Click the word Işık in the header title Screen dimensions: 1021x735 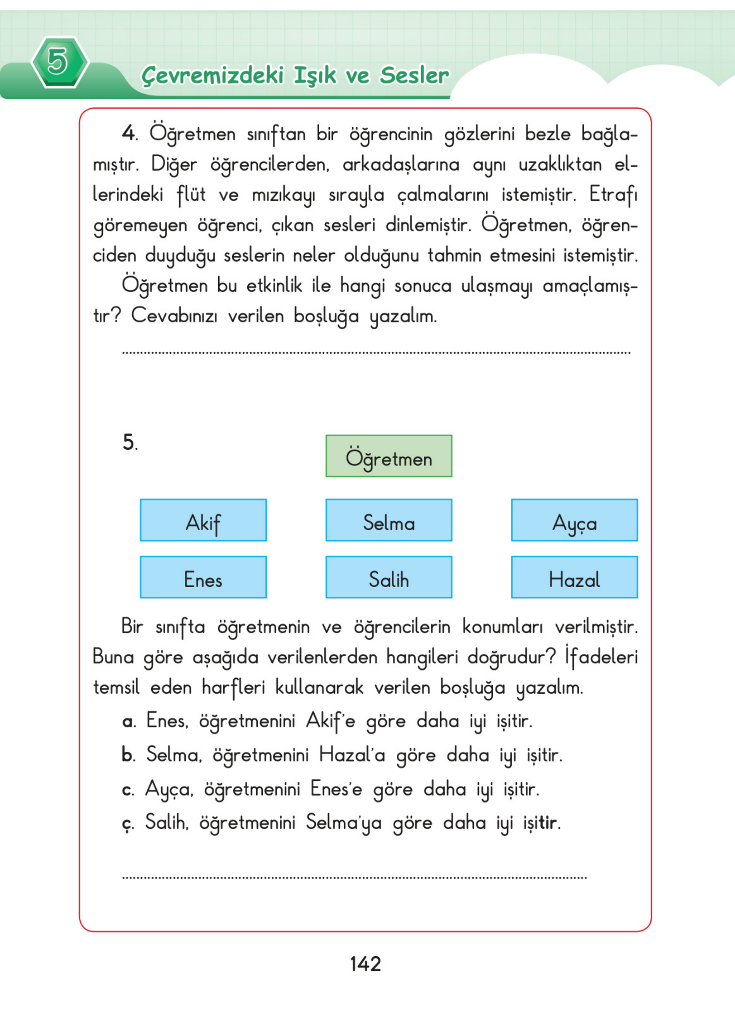click(x=315, y=75)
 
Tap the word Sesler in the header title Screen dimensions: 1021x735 click(x=414, y=75)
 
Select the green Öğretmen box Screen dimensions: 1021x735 click(x=388, y=456)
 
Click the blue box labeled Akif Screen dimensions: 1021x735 click(x=203, y=520)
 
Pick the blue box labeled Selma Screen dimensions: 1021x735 click(x=388, y=520)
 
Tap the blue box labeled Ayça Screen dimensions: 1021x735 click(x=575, y=520)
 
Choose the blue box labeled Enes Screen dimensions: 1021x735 click(x=203, y=577)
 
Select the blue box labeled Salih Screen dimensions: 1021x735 click(x=388, y=577)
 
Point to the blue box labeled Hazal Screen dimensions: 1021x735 click(x=575, y=577)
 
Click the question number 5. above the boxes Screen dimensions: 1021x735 click(x=130, y=442)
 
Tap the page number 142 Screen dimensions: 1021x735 click(x=366, y=964)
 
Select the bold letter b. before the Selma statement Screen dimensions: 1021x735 click(x=128, y=755)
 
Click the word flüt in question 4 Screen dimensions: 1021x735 click(x=191, y=195)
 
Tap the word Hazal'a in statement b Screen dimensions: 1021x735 click(x=352, y=754)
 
